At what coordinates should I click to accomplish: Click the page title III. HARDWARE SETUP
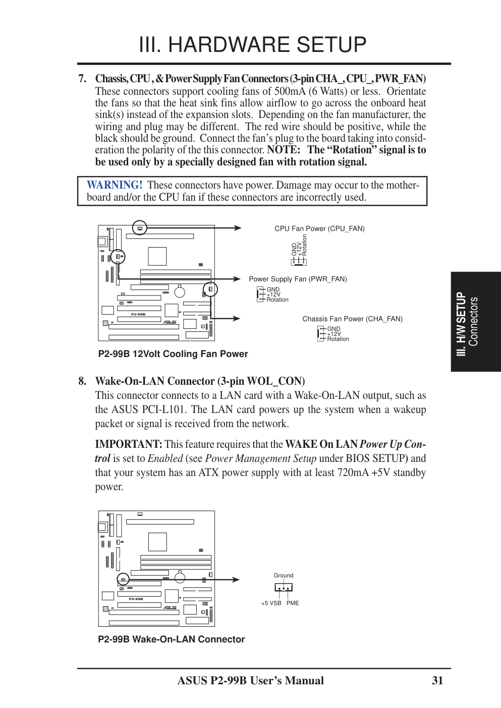pyautogui.click(x=252, y=45)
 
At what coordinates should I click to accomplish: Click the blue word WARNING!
pyautogui.click(x=115, y=185)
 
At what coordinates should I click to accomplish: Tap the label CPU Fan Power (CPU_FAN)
pyautogui.click(x=319, y=228)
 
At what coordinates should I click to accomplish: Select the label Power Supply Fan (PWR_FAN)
pyautogui.click(x=298, y=279)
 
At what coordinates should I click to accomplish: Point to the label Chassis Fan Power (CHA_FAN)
pyautogui.click(x=352, y=319)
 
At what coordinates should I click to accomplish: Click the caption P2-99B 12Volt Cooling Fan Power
pyautogui.click(x=173, y=354)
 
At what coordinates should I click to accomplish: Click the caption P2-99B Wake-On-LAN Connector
pyautogui.click(x=171, y=639)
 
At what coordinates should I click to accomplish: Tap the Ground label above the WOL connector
pyautogui.click(x=283, y=575)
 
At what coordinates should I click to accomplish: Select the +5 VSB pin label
pyautogui.click(x=271, y=603)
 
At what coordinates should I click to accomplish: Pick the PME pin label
pyautogui.click(x=293, y=603)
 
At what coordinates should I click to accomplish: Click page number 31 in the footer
pyautogui.click(x=437, y=681)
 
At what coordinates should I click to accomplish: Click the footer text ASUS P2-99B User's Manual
pyautogui.click(x=250, y=681)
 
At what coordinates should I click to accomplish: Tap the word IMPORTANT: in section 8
pyautogui.click(x=129, y=444)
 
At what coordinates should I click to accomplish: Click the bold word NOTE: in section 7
pyautogui.click(x=283, y=150)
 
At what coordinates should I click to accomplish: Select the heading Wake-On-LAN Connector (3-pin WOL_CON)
pyautogui.click(x=200, y=381)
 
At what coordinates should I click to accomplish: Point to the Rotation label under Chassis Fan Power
pyautogui.click(x=338, y=339)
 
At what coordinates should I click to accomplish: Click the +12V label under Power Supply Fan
pyautogui.click(x=273, y=294)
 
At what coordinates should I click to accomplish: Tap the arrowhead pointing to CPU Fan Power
pyautogui.click(x=238, y=228)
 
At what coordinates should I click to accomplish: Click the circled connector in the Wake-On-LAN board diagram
pyautogui.click(x=123, y=579)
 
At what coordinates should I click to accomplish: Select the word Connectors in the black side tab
pyautogui.click(x=473, y=321)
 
